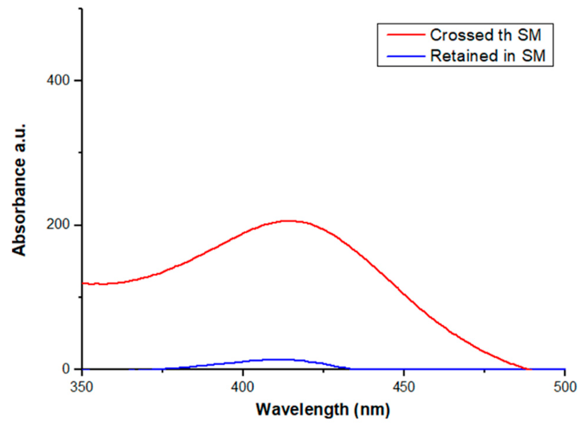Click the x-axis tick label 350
pos(82,387)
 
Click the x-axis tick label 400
pos(242,387)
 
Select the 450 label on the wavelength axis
pos(404,387)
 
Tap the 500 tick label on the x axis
pos(565,387)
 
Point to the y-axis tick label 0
pos(66,369)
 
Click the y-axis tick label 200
pos(58,224)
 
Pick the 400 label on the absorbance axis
pos(58,80)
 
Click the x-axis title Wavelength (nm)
pos(323,410)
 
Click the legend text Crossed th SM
pos(485,35)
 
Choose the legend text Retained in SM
pos(488,55)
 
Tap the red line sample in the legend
pos(406,35)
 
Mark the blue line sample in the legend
pos(406,56)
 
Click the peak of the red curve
pos(289,221)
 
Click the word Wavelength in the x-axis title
pos(302,410)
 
